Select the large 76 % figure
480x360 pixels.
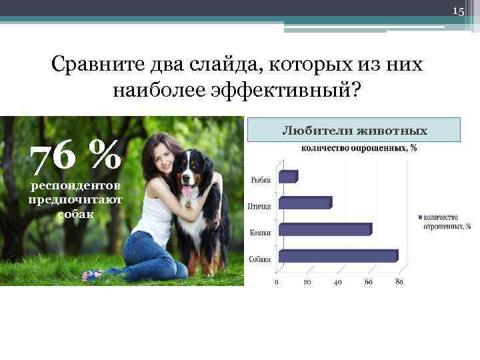[x=77, y=158]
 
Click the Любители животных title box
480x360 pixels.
[x=354, y=130]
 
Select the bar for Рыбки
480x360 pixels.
[x=287, y=177]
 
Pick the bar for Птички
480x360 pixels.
[x=304, y=203]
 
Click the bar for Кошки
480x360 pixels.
[x=325, y=229]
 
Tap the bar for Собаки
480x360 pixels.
[x=337, y=256]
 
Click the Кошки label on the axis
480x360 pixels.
[x=260, y=233]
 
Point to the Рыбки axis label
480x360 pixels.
[x=260, y=180]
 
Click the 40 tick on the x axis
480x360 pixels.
[x=338, y=282]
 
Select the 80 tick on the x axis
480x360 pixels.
[x=399, y=282]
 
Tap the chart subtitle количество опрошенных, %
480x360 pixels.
[x=360, y=148]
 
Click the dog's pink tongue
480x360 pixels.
[x=187, y=191]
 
